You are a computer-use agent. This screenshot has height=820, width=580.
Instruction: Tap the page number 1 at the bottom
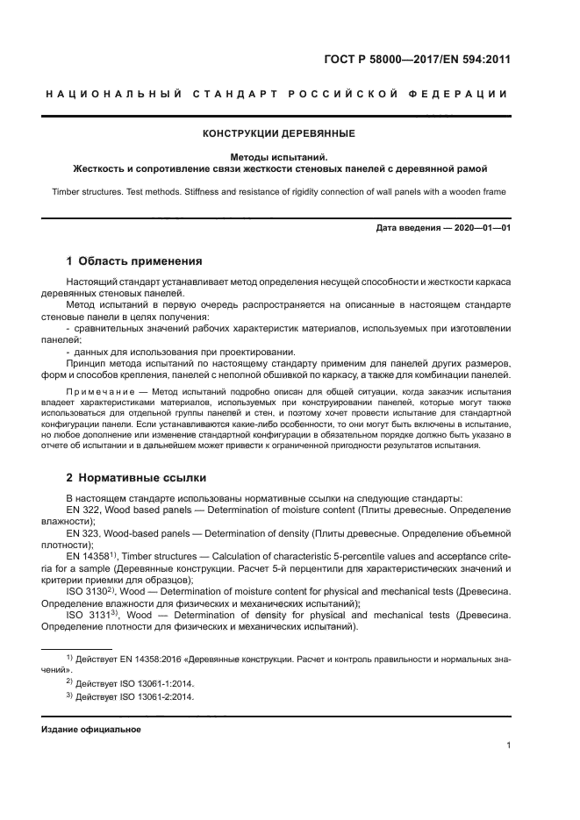[x=508, y=746]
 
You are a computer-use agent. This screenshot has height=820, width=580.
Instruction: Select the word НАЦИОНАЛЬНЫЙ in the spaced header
[x=111, y=94]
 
